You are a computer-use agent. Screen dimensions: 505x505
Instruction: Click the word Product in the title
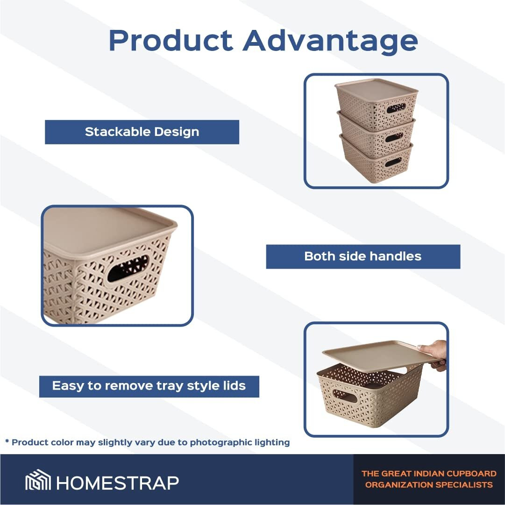(171, 40)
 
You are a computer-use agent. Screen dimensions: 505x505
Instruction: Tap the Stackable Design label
(142, 132)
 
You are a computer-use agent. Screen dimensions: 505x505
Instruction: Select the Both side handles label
(363, 256)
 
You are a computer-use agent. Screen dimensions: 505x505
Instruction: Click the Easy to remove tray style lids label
(149, 386)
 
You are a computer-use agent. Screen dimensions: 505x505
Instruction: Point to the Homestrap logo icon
(38, 480)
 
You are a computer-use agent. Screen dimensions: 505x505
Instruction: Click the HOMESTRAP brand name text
(118, 483)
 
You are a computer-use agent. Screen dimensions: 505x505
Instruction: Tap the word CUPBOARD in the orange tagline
(471, 473)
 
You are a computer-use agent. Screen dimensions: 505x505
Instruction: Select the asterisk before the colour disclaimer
(7, 441)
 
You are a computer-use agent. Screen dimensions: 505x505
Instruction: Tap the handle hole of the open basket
(345, 396)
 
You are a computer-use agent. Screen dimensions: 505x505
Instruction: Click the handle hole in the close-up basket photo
(128, 268)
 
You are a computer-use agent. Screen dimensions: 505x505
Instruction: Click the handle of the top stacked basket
(396, 108)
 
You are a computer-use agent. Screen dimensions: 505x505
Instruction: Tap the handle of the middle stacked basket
(394, 137)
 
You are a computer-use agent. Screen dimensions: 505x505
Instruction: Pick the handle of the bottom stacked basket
(393, 162)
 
